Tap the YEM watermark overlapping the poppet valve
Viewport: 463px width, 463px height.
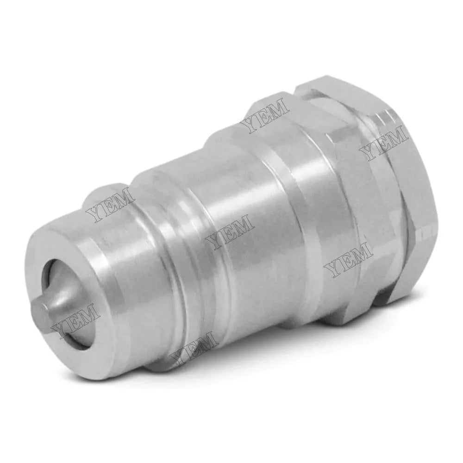pyautogui.click(x=76, y=320)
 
